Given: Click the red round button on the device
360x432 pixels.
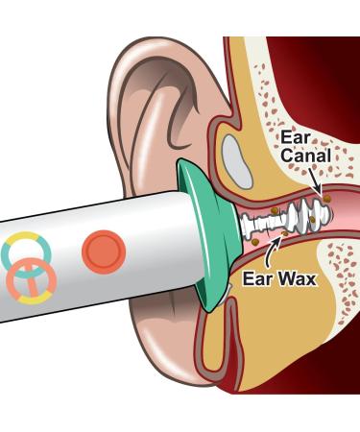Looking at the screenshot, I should pos(104,252).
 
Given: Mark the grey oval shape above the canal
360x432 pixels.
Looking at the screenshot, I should pos(237,154).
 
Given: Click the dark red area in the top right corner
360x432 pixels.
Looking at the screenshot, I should pos(336,58).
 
